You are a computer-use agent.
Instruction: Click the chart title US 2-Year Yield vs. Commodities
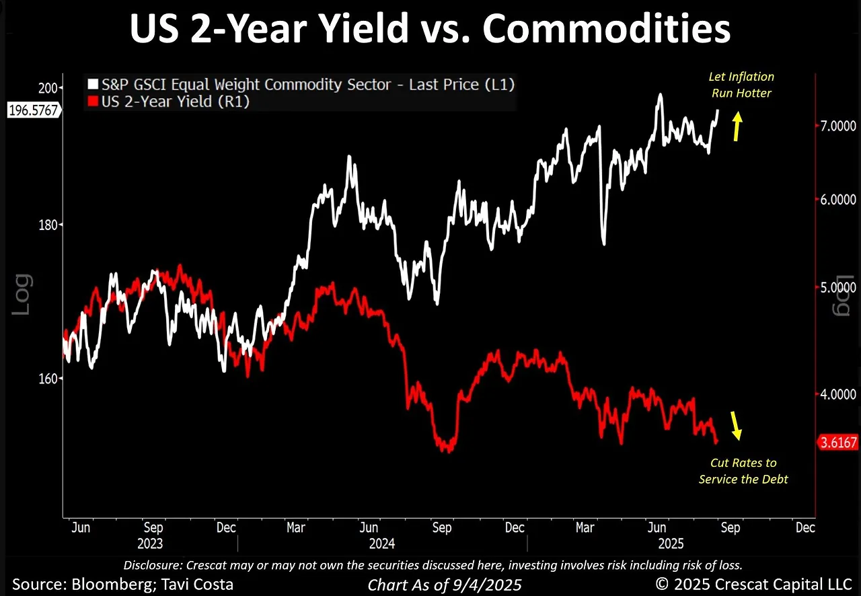point(430,30)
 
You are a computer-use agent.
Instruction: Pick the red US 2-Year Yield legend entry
point(175,102)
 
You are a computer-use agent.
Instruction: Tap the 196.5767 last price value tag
point(32,111)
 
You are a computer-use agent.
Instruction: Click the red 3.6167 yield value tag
point(837,443)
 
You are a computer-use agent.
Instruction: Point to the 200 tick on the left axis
point(51,88)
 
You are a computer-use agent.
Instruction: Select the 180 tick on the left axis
point(51,225)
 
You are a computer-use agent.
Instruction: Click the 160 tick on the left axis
point(51,378)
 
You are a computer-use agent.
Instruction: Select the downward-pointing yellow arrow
point(737,425)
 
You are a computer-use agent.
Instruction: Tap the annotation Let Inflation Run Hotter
point(741,85)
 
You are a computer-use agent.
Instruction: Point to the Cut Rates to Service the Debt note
point(743,471)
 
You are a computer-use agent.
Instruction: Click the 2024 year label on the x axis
point(383,543)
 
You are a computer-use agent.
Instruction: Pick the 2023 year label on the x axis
point(149,543)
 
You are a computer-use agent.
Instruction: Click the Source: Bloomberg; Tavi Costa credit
point(123,584)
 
